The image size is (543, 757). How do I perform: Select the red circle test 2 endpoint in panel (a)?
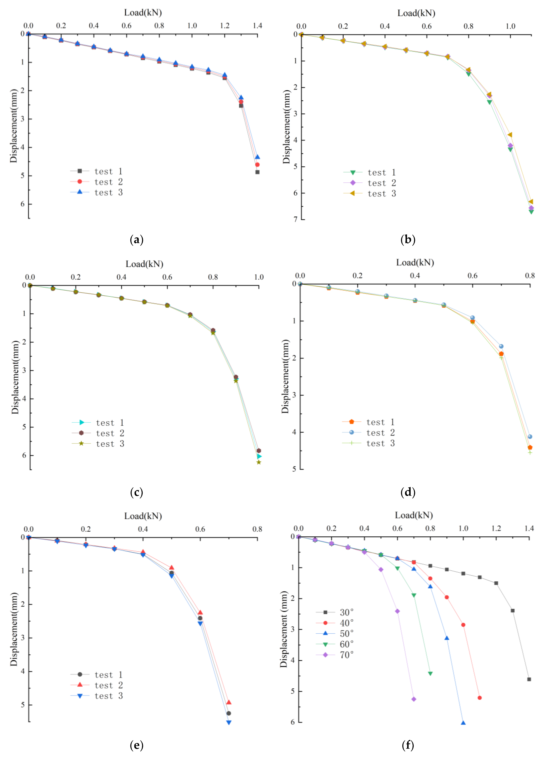[257, 165]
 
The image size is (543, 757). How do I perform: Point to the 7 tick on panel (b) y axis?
[295, 220]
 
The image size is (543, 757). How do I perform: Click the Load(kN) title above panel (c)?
[144, 264]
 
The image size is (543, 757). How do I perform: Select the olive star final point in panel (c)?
[258, 462]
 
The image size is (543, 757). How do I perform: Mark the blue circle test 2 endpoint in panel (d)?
[530, 437]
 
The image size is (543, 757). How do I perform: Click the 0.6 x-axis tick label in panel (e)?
[200, 529]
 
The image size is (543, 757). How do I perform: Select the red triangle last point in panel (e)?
[229, 702]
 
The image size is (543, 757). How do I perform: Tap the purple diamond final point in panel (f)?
[414, 699]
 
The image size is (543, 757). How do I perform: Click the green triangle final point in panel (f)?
[430, 674]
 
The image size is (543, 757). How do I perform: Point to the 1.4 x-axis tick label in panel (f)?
[529, 528]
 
